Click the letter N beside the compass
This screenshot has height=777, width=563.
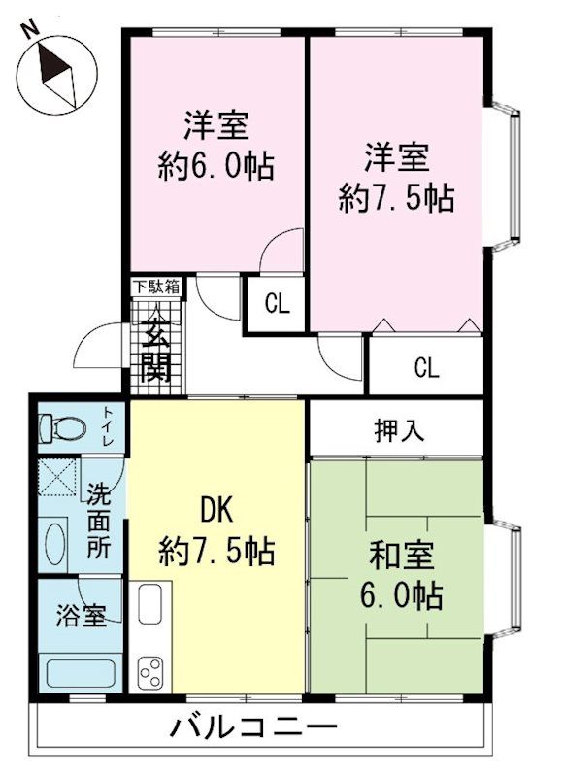(x=32, y=29)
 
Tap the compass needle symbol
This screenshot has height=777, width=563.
(x=57, y=75)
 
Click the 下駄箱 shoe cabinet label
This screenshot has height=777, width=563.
(x=156, y=287)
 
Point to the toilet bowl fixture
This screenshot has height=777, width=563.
(x=62, y=428)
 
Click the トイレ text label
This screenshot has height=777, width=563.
(x=109, y=426)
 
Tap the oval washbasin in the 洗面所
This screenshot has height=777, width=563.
(x=54, y=544)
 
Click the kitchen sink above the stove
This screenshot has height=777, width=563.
(x=149, y=603)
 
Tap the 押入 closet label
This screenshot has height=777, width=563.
(x=399, y=430)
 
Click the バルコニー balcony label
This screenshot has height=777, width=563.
(x=254, y=727)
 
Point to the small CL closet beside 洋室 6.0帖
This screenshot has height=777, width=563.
(x=277, y=304)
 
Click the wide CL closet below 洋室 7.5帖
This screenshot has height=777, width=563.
(x=426, y=368)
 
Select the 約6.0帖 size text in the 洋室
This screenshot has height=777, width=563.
(x=216, y=166)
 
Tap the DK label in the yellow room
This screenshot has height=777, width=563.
(x=216, y=511)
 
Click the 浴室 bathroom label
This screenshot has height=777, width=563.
(x=81, y=616)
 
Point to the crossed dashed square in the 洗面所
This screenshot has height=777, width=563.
(x=57, y=477)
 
